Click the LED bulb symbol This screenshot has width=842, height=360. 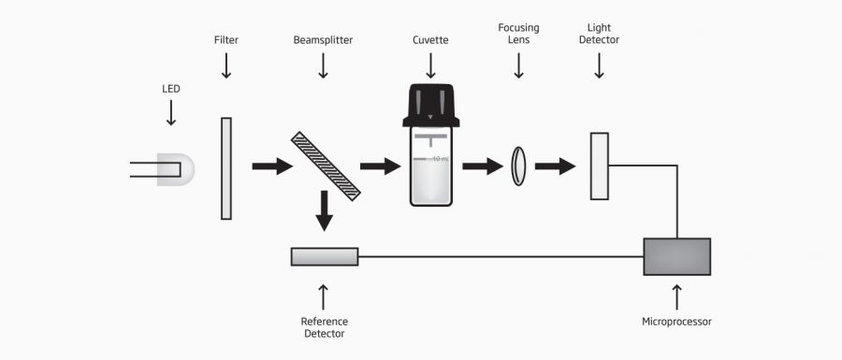178,168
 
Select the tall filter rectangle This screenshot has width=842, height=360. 225,167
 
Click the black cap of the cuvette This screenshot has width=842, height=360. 429,106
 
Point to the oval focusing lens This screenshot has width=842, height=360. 518,166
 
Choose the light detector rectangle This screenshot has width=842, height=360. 599,166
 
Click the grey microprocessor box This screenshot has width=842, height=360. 676,256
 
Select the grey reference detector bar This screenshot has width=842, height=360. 324,256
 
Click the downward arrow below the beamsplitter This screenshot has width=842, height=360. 324,211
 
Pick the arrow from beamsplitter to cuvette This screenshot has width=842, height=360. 379,166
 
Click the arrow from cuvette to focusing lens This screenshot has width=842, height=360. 482,166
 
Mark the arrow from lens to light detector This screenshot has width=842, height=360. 555,166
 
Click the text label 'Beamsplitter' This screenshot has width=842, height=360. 323,40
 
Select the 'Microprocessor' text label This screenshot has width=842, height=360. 676,322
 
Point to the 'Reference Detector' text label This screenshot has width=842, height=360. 324,327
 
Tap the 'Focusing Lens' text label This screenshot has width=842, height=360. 518,34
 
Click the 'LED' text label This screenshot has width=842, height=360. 170,89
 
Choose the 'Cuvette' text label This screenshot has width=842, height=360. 430,40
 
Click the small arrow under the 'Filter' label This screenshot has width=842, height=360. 225,65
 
